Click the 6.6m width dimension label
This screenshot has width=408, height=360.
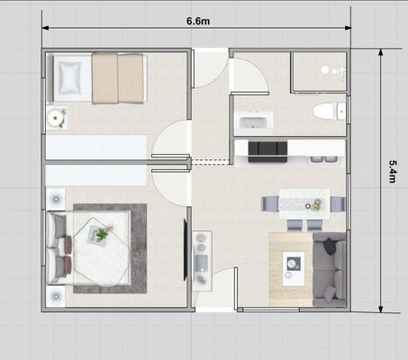tap(199, 19)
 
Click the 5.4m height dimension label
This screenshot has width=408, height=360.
tap(393, 172)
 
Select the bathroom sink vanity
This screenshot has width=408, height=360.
tap(253, 122)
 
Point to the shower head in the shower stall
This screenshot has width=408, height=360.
tap(325, 69)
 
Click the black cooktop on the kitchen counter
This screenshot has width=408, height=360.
tap(267, 149)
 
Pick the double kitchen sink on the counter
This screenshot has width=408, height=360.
tap(319, 159)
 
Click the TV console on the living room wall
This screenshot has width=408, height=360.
tap(202, 256)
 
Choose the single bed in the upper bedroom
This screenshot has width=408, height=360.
tap(99, 78)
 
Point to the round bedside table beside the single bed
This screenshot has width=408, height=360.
tap(57, 116)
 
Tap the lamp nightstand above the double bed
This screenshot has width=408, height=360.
tap(56, 198)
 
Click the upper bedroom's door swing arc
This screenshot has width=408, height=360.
tap(170, 140)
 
